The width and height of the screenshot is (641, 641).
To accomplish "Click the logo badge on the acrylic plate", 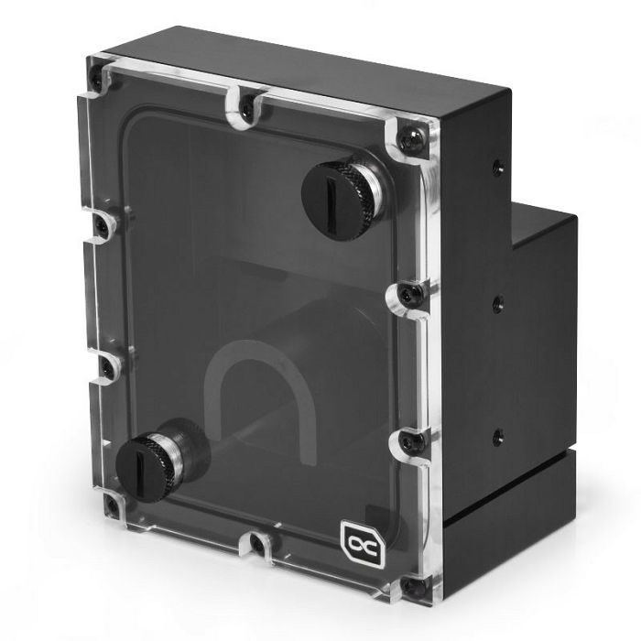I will point(356,537).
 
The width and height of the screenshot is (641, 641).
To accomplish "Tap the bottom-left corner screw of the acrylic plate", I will point(112,505).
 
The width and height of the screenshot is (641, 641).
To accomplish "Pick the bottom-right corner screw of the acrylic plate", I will point(417,583).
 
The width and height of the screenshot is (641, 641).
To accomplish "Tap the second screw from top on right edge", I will point(409,294).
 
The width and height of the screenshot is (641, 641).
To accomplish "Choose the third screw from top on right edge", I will point(413,442).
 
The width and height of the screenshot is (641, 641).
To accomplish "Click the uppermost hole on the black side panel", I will point(496,168).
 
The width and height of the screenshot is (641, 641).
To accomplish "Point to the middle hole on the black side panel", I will point(497,301).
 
